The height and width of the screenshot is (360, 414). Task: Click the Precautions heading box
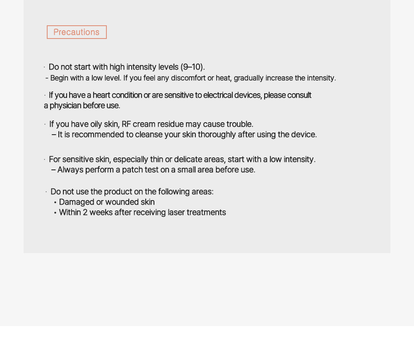pos(77,32)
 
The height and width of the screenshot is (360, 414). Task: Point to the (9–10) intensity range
pos(192,67)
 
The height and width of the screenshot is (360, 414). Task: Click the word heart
pos(101,95)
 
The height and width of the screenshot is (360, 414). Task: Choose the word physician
pos(65,106)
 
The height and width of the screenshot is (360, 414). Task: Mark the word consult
pos(299,95)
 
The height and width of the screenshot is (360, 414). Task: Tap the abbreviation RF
pos(126,124)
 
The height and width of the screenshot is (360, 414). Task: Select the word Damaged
pos(77,202)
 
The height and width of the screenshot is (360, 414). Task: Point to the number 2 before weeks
pos(85,213)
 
